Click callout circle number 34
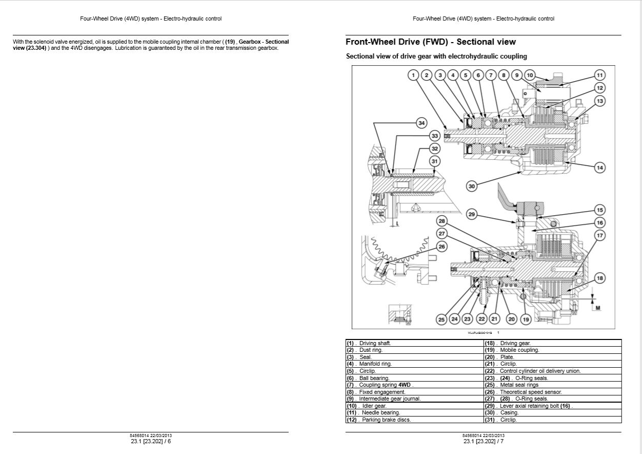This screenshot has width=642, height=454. [x=421, y=123]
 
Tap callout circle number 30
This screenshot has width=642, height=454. [x=471, y=186]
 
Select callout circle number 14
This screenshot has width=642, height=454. [x=599, y=167]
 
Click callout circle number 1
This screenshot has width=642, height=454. [x=413, y=75]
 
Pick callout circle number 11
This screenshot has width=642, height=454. [x=599, y=75]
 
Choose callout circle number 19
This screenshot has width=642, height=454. [x=525, y=319]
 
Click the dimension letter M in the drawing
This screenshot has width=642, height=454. [x=597, y=308]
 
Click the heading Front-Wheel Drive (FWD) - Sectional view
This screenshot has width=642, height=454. [x=431, y=42]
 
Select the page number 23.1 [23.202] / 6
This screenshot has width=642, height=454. [x=151, y=441]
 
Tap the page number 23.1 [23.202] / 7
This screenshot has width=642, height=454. [x=484, y=441]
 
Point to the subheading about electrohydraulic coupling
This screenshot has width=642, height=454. [x=436, y=56]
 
